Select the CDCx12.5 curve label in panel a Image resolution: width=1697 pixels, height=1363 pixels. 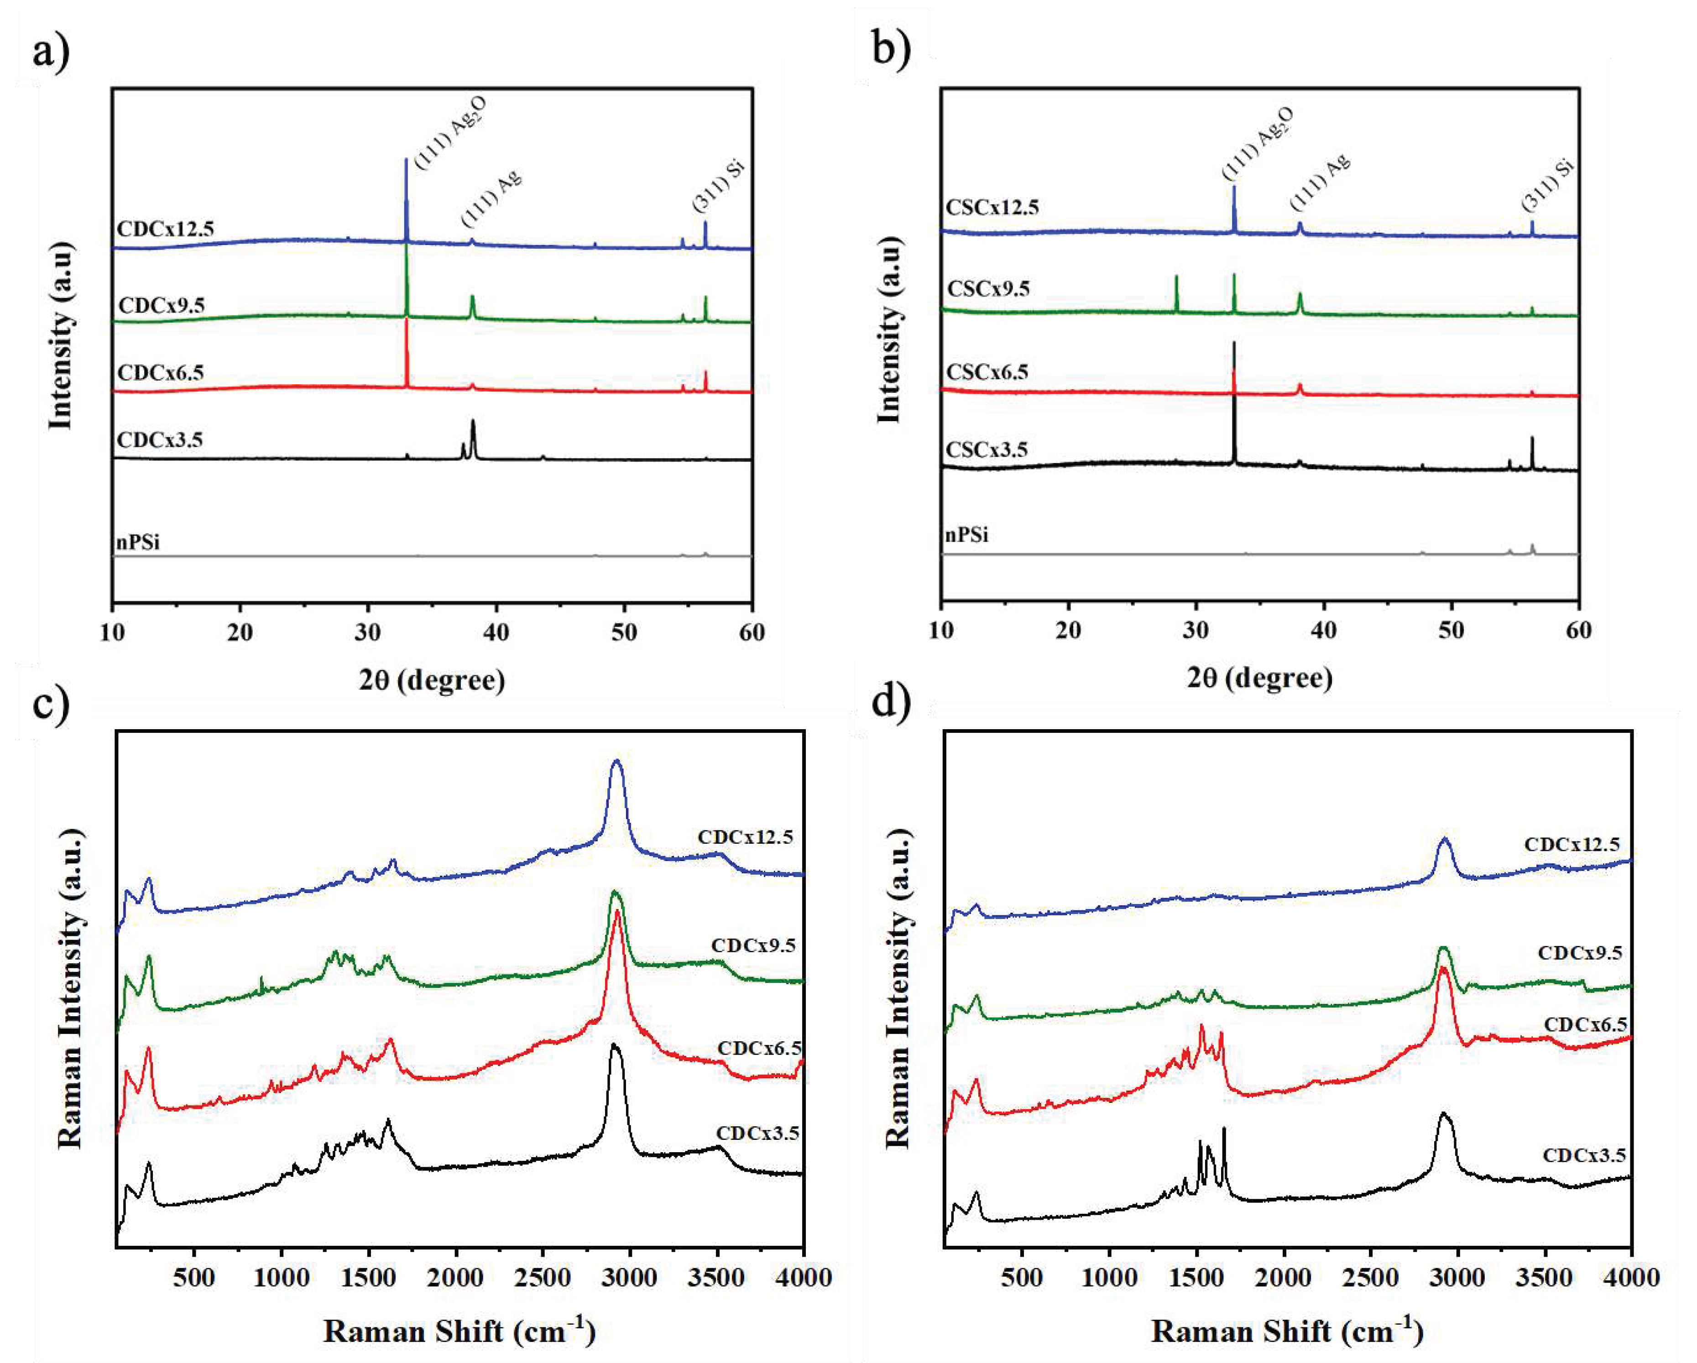165,229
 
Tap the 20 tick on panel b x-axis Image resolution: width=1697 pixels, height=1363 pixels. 1068,630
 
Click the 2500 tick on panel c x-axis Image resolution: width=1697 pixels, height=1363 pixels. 542,1277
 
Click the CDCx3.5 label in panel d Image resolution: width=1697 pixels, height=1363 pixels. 1584,1155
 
